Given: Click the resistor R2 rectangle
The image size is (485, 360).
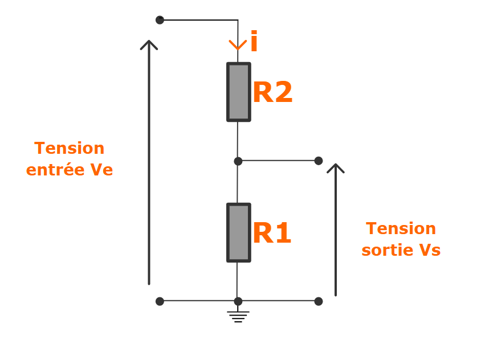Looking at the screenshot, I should tap(238, 92).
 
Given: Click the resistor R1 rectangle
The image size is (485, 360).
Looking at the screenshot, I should tap(238, 232).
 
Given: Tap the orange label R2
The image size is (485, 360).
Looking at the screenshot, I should tap(272, 93).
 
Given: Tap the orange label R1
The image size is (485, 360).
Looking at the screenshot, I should tap(272, 234).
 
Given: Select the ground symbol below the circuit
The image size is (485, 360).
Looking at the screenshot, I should tap(238, 316).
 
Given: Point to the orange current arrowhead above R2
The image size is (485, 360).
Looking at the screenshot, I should tap(238, 45).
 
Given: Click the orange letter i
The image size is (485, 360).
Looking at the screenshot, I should tap(254, 43).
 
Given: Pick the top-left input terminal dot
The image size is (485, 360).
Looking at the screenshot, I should tap(160, 20).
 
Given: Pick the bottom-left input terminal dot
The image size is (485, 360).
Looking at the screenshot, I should tap(160, 301).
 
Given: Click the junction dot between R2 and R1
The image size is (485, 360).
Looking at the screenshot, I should tap(238, 161).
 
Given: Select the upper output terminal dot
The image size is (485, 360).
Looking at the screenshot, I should tap(319, 161).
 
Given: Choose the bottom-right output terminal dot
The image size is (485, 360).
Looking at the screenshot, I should tap(319, 301).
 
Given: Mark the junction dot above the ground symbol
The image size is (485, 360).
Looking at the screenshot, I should tap(238, 301).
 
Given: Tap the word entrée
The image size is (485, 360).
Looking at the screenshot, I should tap(56, 170).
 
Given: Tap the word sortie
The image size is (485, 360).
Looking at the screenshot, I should tap(386, 251).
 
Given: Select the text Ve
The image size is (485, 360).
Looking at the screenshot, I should tap(101, 170).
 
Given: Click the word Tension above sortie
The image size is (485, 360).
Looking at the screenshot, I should tap(401, 228).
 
